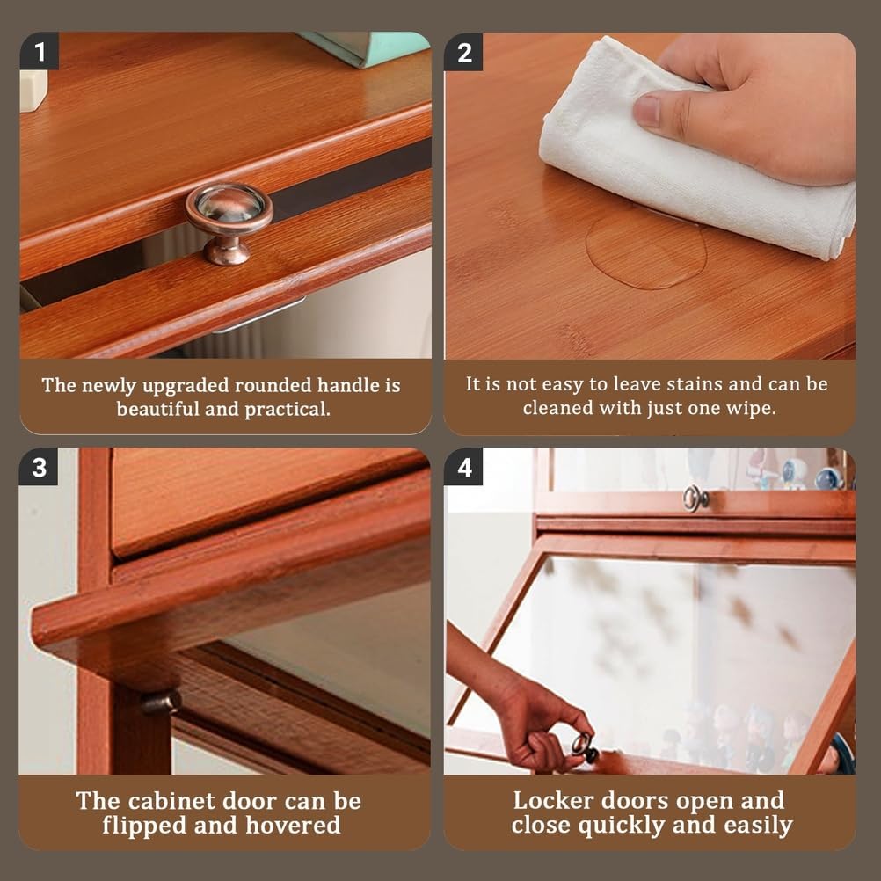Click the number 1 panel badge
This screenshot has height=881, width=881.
tap(39, 51)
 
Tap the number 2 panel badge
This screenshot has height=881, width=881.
tap(463, 52)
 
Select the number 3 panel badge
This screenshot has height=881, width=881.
tap(39, 467)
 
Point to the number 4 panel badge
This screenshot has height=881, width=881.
tap(463, 467)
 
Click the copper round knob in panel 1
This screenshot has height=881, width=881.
tap(229, 222)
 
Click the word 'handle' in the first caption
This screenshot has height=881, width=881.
tap(348, 385)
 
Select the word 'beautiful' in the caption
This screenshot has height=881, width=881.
tap(158, 409)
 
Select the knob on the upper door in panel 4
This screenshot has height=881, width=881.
tap(695, 499)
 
